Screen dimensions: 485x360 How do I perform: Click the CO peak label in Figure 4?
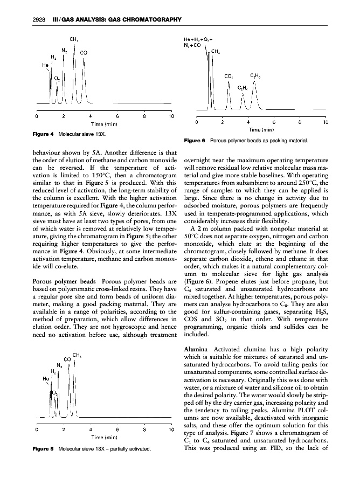click(84, 53)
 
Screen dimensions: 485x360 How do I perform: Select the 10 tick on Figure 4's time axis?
click(170, 116)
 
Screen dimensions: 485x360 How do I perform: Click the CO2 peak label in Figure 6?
click(229, 77)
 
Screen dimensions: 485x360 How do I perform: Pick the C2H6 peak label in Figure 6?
click(256, 76)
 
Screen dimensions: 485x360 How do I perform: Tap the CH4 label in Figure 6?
click(216, 52)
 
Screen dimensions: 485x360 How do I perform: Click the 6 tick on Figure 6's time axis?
click(274, 122)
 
